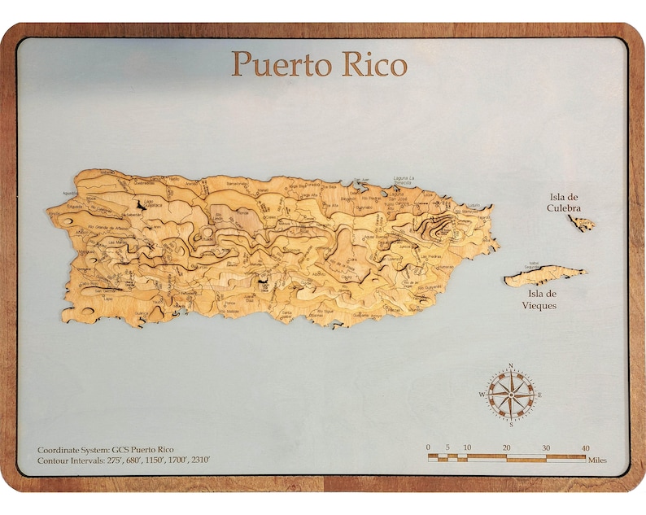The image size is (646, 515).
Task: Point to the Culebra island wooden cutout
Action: [582, 222]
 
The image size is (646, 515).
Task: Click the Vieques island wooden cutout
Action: [543, 276]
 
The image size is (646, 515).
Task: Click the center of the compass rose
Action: [511, 395]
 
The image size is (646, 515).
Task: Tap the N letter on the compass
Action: [510, 366]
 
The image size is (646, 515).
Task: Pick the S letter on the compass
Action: [511, 424]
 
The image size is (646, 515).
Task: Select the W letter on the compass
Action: [482, 395]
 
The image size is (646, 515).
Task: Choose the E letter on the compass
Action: [539, 395]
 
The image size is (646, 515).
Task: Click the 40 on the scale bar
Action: [585, 447]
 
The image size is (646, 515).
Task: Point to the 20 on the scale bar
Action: [506, 447]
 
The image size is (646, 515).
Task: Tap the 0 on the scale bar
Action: [429, 447]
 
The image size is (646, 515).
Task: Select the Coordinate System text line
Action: [106, 449]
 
